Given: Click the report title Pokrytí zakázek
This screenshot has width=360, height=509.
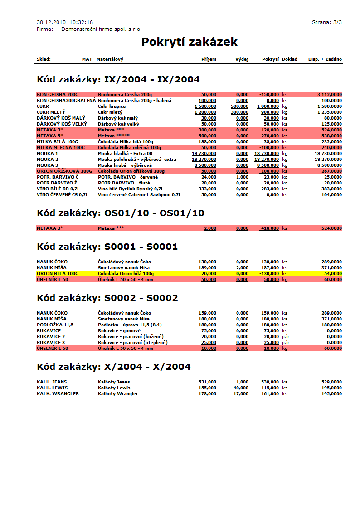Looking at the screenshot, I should pyautogui.click(x=190, y=42).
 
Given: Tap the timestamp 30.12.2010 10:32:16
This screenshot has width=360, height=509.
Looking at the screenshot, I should pyautogui.click(x=65, y=22).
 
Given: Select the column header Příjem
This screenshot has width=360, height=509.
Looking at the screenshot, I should pyautogui.click(x=209, y=59).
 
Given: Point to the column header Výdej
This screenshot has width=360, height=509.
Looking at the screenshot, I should pyautogui.click(x=242, y=59).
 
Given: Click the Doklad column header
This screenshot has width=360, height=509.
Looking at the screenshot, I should pyautogui.click(x=290, y=59).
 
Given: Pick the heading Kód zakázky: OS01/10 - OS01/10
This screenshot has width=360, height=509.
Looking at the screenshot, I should pyautogui.click(x=121, y=213).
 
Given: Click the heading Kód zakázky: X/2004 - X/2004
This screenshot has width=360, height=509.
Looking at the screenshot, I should pyautogui.click(x=114, y=367).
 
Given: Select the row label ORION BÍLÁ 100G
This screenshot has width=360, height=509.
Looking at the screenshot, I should pyautogui.click(x=58, y=274).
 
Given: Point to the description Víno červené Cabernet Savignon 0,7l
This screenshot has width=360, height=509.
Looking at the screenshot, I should pyautogui.click(x=139, y=194).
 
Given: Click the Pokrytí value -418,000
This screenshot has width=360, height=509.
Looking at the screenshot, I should pyautogui.click(x=269, y=228).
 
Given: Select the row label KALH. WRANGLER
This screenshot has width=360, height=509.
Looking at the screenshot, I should pyautogui.click(x=58, y=394).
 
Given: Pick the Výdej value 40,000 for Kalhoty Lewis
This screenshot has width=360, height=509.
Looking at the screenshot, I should pyautogui.click(x=241, y=388).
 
